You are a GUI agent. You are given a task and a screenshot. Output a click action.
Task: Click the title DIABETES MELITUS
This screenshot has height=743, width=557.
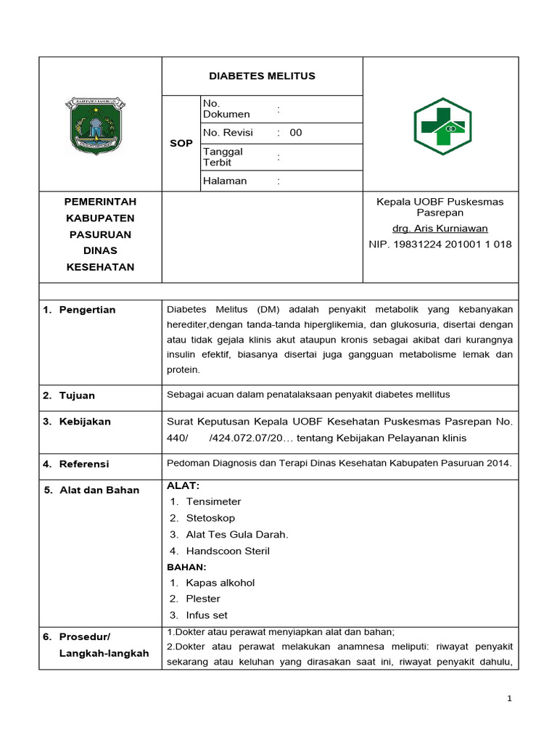coord(262,76)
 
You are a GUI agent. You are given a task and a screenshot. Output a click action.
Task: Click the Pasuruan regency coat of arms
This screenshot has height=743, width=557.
coord(94,124)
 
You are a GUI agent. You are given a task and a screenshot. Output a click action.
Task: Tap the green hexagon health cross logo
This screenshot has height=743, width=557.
coord(442,126)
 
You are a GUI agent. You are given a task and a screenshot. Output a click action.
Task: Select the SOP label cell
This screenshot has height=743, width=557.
coord(181,143)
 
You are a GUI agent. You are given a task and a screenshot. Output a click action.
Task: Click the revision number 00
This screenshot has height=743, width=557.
coord(296,133)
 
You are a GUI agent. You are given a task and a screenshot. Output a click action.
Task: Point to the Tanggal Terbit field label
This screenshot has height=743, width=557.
coord(223,157)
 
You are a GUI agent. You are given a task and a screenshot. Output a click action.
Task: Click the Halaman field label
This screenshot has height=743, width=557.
coord(225,181)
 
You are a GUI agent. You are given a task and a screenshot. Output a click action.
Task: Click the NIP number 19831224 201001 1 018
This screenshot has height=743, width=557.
coord(440,245)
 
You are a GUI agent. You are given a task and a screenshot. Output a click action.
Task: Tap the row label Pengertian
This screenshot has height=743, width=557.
coord(87,310)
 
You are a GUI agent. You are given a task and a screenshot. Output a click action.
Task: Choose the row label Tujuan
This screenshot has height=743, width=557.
coord(77,395)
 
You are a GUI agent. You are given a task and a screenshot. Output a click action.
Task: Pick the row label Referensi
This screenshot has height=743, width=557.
coord(84,464)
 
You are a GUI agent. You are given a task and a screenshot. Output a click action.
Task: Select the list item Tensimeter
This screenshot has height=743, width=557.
coord(213,501)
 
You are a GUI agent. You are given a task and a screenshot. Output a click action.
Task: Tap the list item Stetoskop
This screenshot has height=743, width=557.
coord(210,518)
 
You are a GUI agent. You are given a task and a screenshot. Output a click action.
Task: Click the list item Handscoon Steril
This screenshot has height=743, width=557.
coord(228,551)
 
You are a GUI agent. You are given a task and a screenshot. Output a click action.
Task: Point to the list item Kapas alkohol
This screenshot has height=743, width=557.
coord(220,583)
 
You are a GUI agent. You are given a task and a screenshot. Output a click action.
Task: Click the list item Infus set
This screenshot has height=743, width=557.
coord(207,615)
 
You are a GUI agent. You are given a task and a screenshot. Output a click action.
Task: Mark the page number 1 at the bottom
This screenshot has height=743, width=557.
coord(510,699)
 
